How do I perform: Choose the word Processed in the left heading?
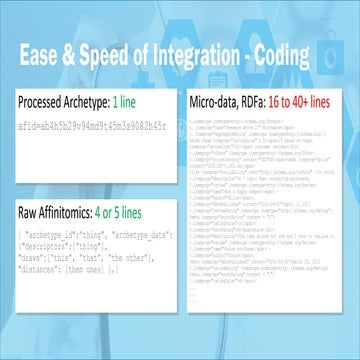(47, 102)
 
